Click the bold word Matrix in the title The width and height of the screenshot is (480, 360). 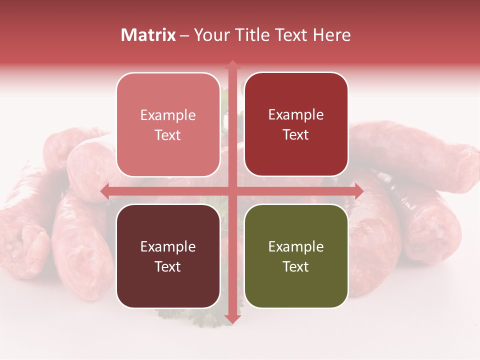click(x=148, y=35)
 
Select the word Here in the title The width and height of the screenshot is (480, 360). click(x=331, y=35)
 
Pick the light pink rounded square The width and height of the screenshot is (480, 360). click(x=168, y=124)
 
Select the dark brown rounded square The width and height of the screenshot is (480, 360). click(x=168, y=256)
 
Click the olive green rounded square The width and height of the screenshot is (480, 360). click(x=296, y=256)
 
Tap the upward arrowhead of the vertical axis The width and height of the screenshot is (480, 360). click(x=232, y=64)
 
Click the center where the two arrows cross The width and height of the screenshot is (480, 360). click(x=232, y=191)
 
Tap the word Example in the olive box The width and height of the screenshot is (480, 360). click(x=296, y=246)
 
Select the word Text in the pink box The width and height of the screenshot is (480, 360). click(x=168, y=135)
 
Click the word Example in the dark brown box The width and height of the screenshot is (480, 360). click(x=168, y=246)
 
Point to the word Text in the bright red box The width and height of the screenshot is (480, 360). click(x=296, y=134)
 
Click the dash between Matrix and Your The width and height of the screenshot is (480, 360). click(x=184, y=35)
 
